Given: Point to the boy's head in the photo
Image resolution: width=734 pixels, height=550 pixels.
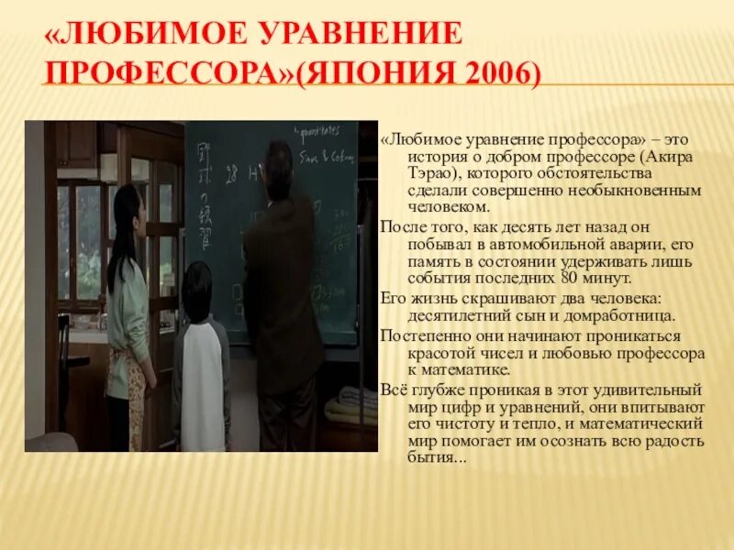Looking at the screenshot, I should [x=196, y=286].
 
